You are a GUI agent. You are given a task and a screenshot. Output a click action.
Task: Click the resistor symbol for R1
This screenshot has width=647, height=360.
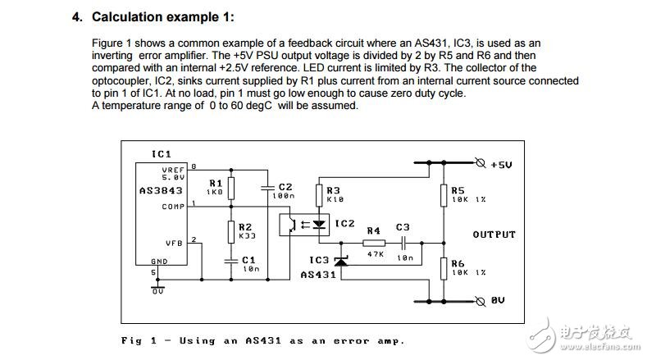tap(231, 189)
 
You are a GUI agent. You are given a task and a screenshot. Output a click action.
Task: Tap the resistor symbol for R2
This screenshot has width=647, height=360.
tap(231, 232)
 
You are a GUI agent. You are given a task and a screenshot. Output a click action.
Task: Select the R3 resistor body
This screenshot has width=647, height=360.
tap(319, 195)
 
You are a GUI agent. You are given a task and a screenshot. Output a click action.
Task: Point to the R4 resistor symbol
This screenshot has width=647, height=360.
tap(374, 244)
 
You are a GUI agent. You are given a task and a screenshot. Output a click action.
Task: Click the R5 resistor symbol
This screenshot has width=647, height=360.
tap(444, 195)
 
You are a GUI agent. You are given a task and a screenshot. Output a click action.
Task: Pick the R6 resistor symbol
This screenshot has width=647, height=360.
tap(444, 269)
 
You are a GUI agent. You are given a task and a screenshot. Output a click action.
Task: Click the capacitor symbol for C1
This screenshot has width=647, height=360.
tap(231, 261)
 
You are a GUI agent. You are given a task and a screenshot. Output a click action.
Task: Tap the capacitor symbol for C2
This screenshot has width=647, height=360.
tap(268, 188)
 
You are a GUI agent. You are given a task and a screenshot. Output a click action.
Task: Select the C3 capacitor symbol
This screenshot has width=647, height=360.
tap(403, 244)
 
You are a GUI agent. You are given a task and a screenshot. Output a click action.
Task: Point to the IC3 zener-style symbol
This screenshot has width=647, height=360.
tap(341, 262)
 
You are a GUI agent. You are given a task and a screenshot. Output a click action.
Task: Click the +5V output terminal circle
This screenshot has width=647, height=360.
tap(481, 163)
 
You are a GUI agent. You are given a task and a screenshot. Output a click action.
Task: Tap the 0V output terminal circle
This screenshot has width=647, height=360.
tap(481, 302)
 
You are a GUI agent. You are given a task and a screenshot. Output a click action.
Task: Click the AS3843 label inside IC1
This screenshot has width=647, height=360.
tap(161, 191)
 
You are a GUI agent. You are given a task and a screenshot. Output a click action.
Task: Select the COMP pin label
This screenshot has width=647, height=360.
tap(173, 207)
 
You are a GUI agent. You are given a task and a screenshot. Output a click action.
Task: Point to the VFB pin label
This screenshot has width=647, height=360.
tap(174, 244)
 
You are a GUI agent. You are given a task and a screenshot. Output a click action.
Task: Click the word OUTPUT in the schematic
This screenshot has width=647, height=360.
tap(494, 235)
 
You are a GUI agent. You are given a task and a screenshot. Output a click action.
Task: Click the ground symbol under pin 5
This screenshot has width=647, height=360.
tap(157, 287)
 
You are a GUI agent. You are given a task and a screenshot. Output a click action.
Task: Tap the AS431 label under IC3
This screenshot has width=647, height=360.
tap(318, 275)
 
